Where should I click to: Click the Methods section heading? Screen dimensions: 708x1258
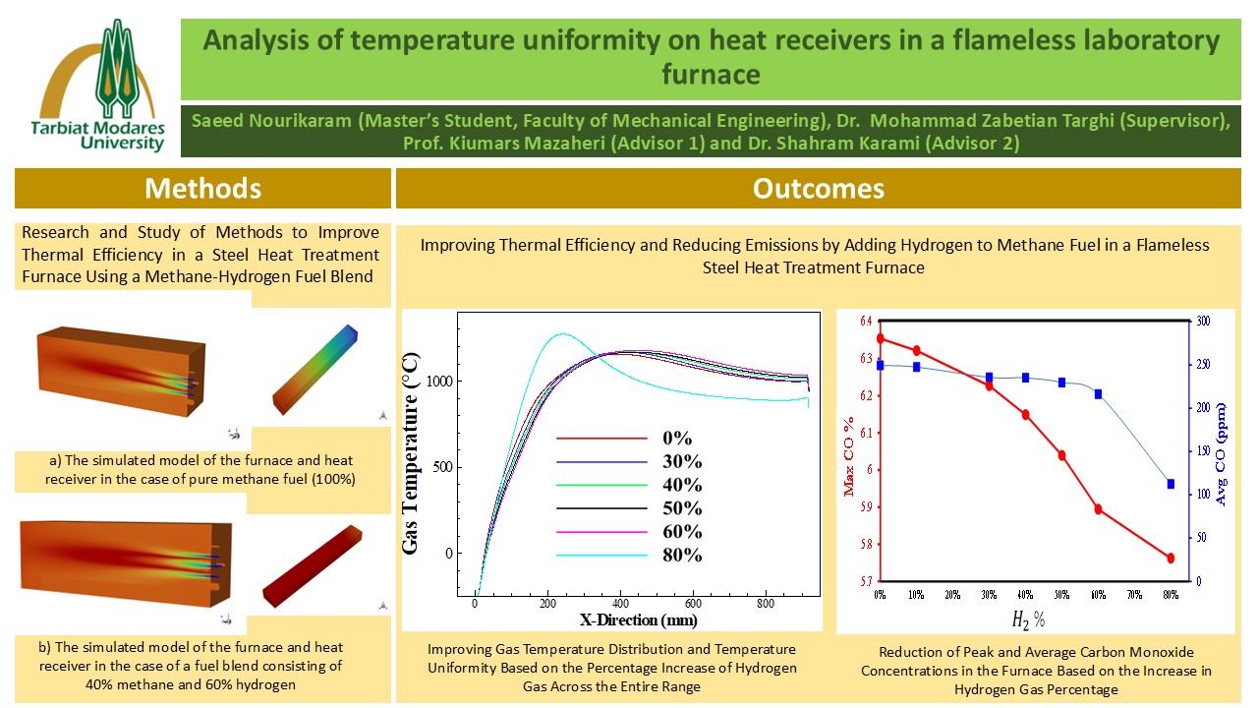pos(202,188)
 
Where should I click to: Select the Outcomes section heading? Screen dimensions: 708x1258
pos(818,188)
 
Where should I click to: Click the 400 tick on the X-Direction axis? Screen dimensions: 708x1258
pos(620,606)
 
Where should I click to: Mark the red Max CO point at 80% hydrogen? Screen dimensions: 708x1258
pos(1171,558)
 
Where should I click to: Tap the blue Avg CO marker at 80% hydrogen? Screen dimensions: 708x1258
pos(1171,484)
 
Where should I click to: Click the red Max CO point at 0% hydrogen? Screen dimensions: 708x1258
pos(880,338)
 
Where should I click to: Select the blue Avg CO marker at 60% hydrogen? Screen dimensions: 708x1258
pos(1098,394)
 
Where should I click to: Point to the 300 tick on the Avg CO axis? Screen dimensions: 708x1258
pos(1201,322)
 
